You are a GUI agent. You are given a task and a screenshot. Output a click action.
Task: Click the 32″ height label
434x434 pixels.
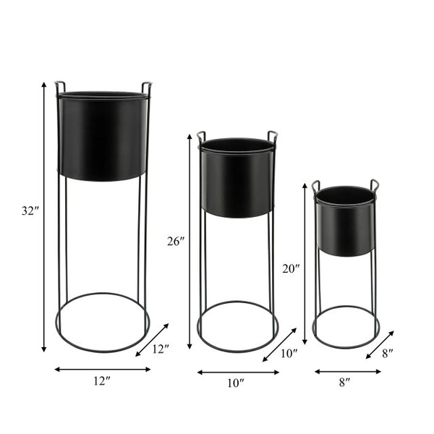coord(29,212)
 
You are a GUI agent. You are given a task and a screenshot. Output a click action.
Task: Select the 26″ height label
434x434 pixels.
coord(176,241)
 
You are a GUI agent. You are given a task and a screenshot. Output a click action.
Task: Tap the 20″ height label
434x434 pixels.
coord(291,268)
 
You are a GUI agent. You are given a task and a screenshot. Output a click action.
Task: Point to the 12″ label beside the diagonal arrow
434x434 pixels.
coord(161,349)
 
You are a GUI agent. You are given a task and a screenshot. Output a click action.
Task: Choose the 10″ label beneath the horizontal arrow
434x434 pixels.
coord(236,384)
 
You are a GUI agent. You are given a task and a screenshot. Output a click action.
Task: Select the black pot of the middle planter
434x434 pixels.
coord(237,178)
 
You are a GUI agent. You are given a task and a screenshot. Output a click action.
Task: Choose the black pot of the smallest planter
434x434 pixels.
coord(346,221)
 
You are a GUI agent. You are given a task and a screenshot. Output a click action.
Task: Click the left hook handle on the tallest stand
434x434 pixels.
coord(59,87)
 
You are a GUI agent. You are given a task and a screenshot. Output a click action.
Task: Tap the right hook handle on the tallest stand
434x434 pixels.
coord(147,87)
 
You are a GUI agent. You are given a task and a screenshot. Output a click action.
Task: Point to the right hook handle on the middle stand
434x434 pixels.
coord(272,135)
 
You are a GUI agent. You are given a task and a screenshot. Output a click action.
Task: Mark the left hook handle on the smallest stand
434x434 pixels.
coord(316,185)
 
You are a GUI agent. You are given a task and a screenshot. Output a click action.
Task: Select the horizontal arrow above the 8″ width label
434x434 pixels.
coord(347,372)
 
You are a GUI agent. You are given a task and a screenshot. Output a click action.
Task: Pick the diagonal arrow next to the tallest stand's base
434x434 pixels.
coord(152,339)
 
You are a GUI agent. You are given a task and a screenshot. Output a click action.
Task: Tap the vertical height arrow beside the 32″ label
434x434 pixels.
coord(44,217)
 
